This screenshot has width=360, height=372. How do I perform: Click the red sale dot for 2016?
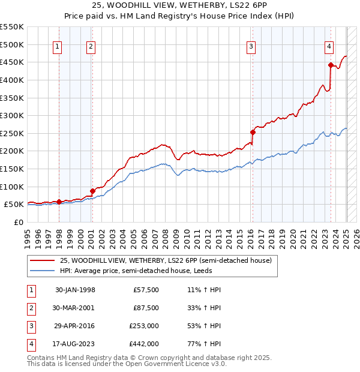coord(253,132)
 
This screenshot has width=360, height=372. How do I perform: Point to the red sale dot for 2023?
coord(331,65)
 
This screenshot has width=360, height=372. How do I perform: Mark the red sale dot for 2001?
coord(92,191)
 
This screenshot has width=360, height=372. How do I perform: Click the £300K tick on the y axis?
coord(11,115)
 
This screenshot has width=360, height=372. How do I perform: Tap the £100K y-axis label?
coord(11,187)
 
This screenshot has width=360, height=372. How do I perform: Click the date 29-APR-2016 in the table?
coord(75,326)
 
